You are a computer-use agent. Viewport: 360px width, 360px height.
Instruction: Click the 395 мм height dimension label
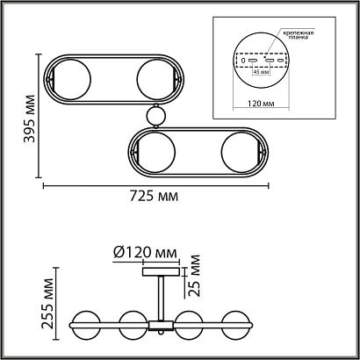click(x=29, y=119)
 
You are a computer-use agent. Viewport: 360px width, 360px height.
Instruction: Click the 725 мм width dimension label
click(x=154, y=196)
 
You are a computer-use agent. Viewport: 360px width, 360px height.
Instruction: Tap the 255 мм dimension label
click(x=47, y=304)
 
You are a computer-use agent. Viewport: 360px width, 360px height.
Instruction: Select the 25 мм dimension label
click(x=194, y=276)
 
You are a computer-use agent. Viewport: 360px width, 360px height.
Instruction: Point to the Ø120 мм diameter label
click(x=145, y=253)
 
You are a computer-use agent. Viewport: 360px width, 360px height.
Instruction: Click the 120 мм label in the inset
click(x=261, y=104)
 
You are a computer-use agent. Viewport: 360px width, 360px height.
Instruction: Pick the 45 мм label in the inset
click(x=261, y=72)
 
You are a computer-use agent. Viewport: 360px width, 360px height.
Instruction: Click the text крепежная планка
click(x=298, y=35)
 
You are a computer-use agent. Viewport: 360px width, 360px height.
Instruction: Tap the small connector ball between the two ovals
click(x=156, y=116)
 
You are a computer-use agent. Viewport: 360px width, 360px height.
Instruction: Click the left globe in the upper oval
click(x=71, y=79)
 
